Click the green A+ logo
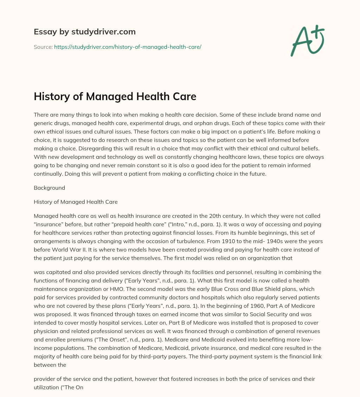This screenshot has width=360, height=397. [x=307, y=40]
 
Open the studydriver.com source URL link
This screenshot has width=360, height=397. [x=128, y=47]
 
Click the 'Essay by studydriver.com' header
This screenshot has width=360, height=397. [x=85, y=32]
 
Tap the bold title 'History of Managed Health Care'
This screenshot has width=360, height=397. [x=115, y=97]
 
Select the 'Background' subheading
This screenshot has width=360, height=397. [x=49, y=188]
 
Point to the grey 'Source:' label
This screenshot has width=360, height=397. [x=43, y=47]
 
